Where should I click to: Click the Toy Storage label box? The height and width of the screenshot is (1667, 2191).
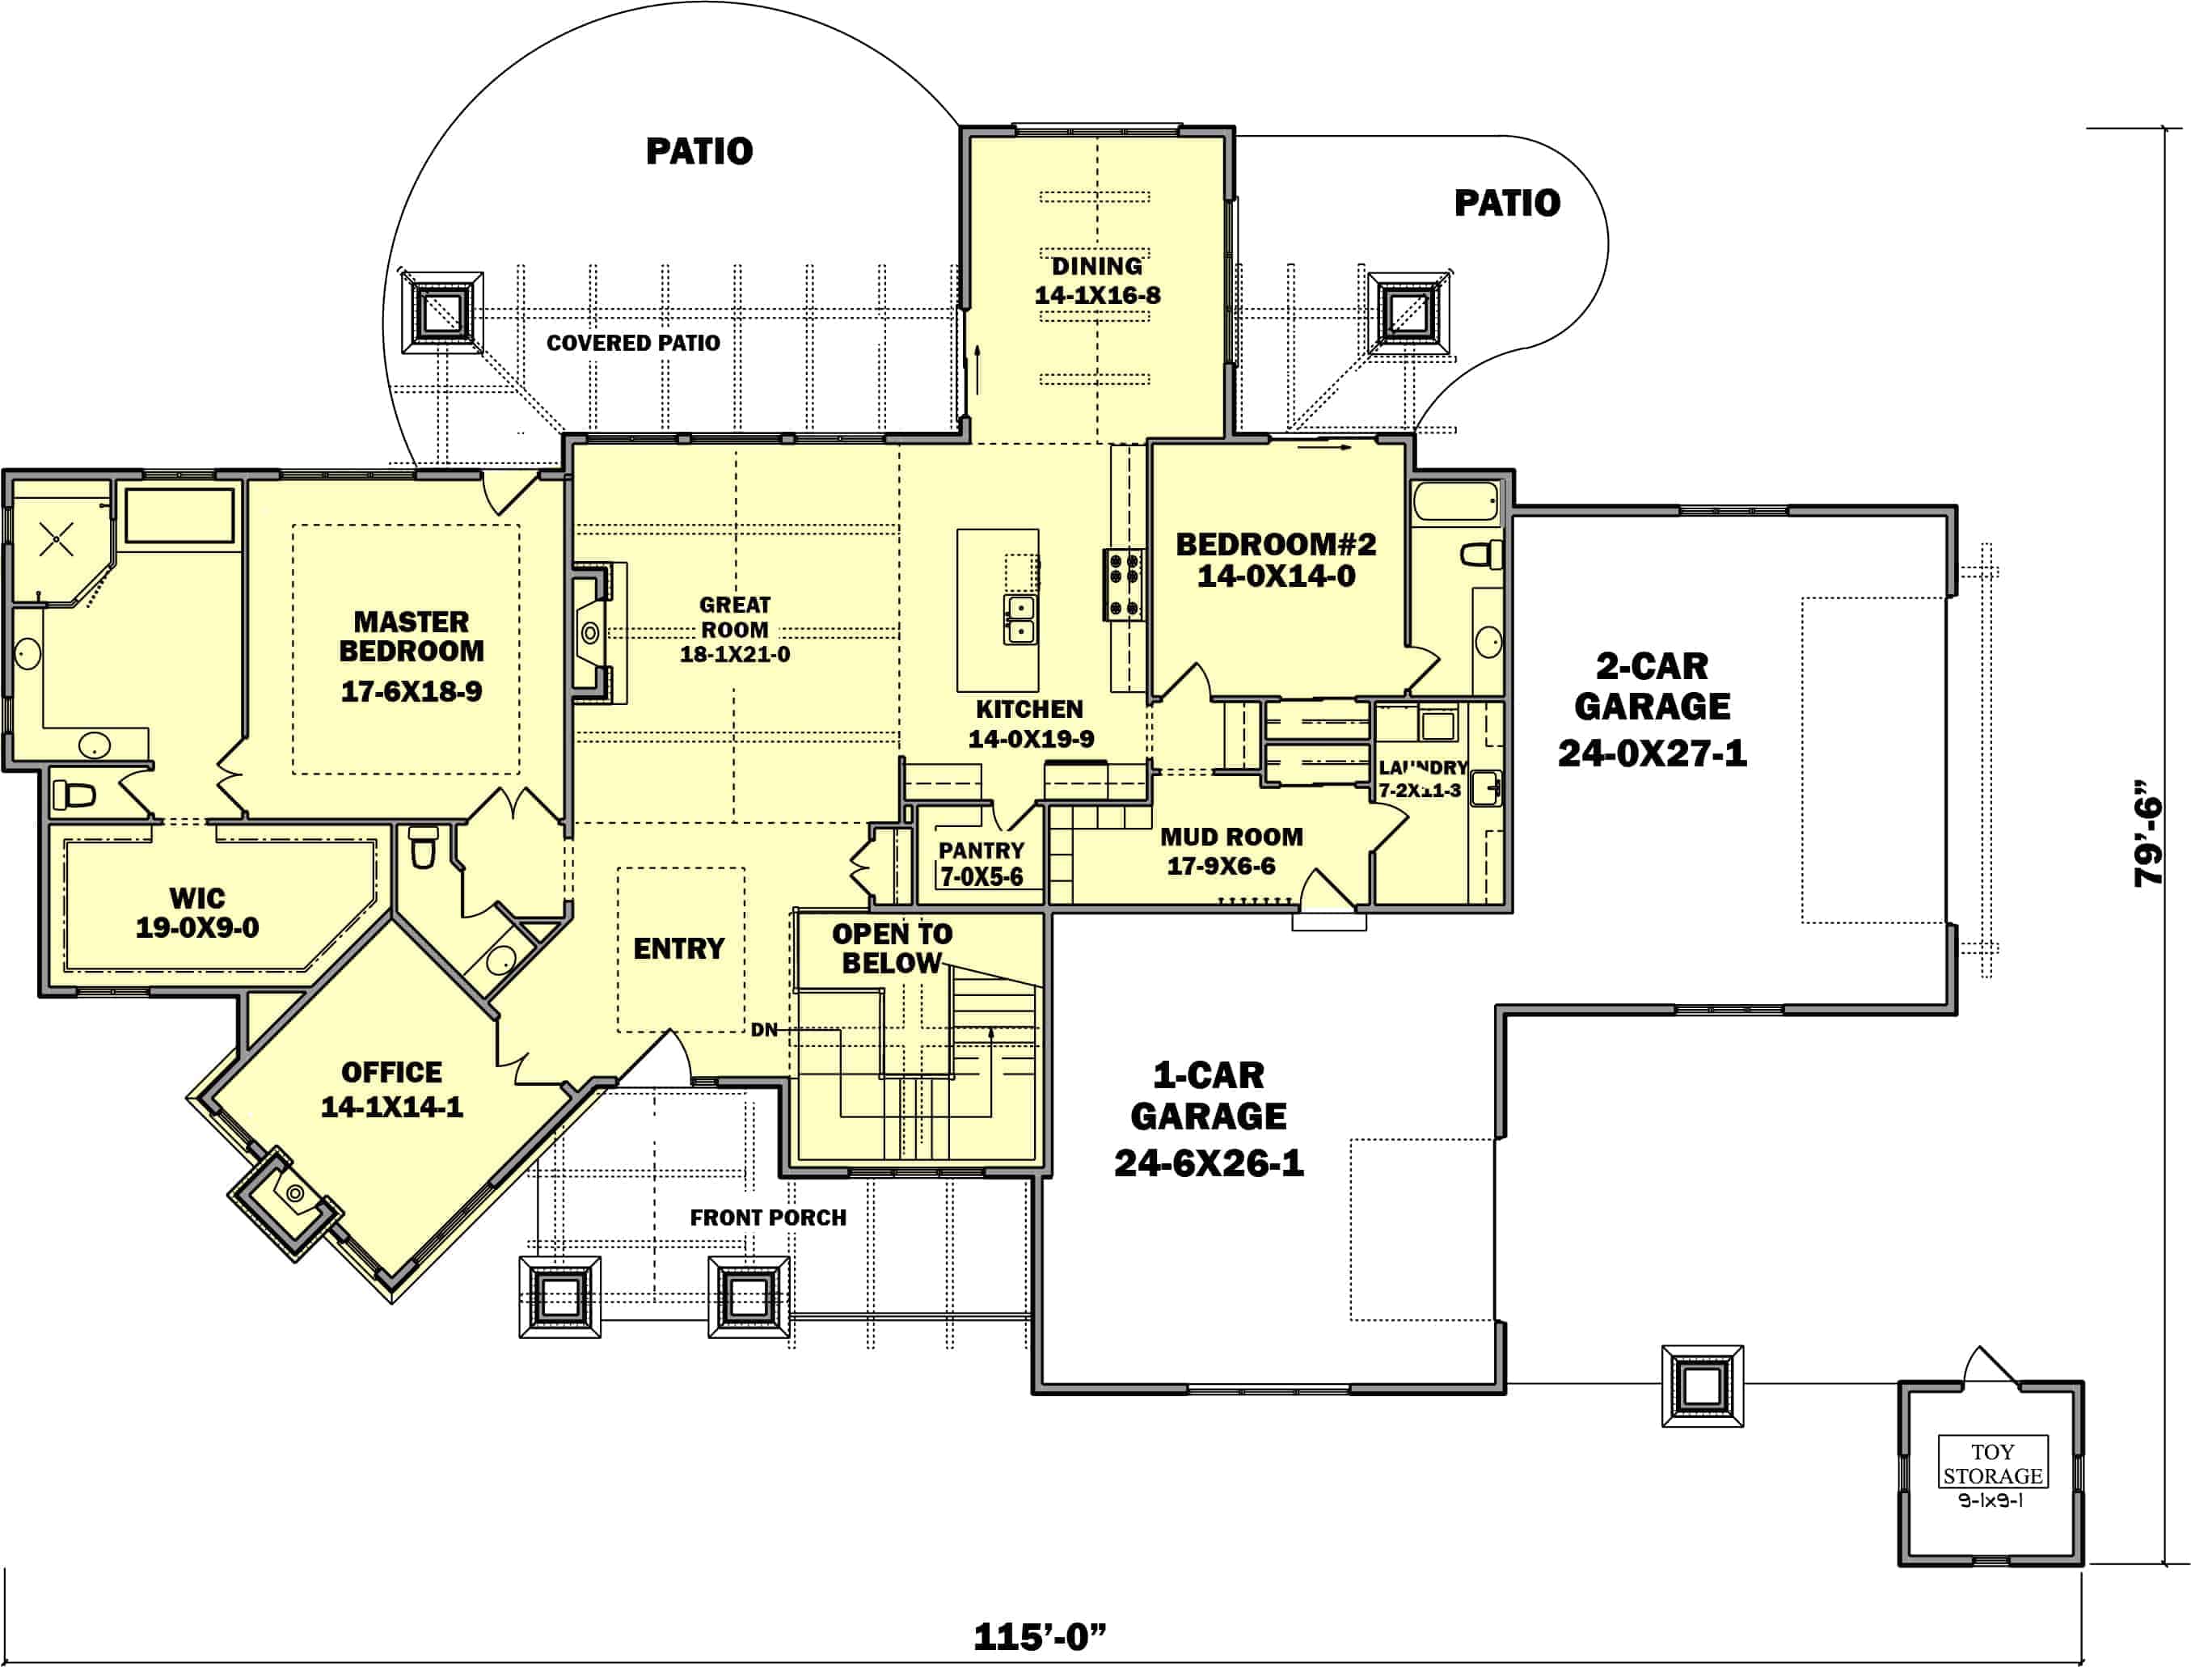tap(1993, 1462)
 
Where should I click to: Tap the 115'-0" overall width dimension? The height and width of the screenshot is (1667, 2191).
tap(1039, 1636)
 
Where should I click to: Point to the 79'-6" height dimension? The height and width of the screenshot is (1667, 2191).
tap(2148, 833)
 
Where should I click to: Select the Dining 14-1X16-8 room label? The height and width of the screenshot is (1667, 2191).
tap(1096, 281)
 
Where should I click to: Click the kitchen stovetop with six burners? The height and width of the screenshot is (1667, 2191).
tap(1123, 585)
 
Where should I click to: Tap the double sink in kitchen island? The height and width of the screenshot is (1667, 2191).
tap(1020, 620)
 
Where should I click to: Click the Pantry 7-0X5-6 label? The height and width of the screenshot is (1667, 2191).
tap(981, 863)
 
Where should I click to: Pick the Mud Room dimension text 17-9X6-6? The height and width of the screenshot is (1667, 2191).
tap(1221, 867)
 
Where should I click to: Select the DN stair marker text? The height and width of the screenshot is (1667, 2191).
tap(763, 1030)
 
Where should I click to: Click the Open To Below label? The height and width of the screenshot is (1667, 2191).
tap(891, 947)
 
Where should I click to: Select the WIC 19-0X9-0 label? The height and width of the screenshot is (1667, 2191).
tap(196, 913)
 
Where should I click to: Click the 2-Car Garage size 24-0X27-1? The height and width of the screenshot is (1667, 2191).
tap(1651, 754)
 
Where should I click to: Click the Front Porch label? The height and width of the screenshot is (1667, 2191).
tap(768, 1218)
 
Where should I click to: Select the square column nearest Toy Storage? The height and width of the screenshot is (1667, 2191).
tap(1702, 1385)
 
